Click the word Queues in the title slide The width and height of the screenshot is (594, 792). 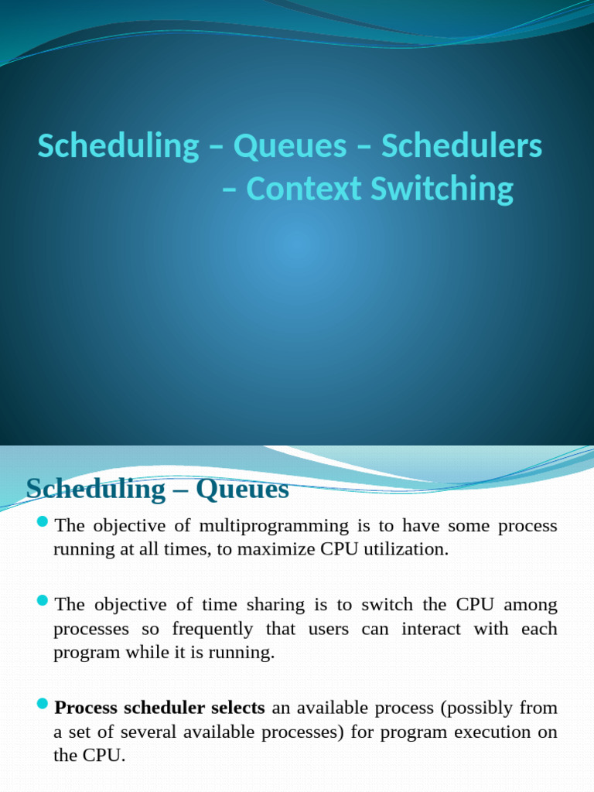point(290,147)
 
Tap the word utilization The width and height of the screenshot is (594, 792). point(406,550)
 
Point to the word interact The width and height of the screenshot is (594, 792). point(430,628)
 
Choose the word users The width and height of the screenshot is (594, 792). point(329,628)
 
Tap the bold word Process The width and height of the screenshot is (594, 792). point(86,708)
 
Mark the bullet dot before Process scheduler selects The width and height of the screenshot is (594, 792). point(43,706)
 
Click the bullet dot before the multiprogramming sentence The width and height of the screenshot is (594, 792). point(43,524)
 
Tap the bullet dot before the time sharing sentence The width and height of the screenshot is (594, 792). point(43,602)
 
